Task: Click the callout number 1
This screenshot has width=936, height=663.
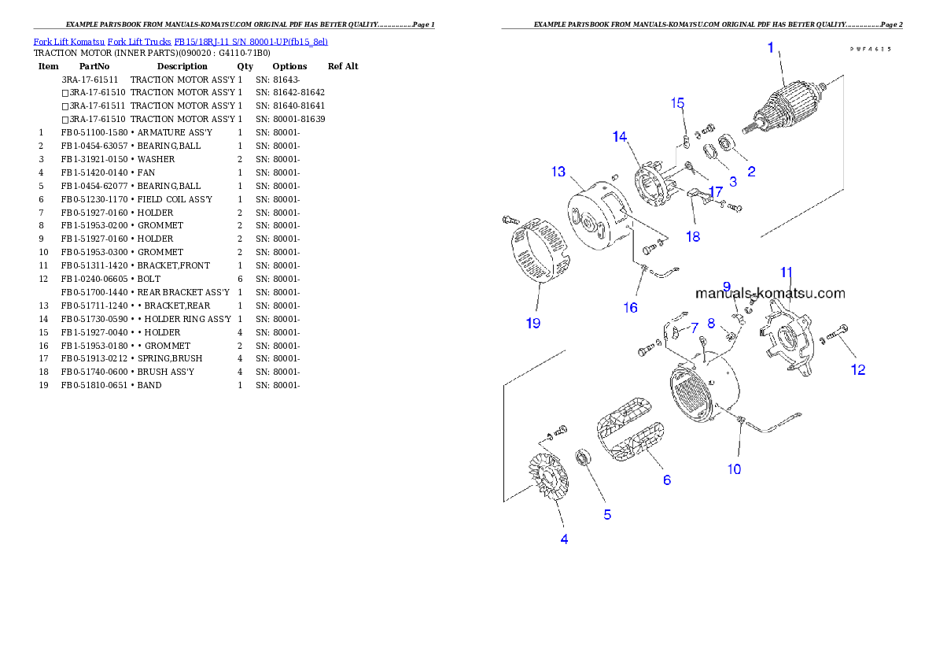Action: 771,49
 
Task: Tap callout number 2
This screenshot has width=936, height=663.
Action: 751,171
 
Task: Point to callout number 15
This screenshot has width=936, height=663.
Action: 677,103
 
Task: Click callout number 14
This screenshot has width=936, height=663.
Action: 620,137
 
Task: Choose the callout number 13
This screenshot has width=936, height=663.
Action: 558,171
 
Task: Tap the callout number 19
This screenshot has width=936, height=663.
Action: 533,323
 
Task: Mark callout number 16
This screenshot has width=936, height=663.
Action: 630,308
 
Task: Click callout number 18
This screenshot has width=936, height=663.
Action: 692,237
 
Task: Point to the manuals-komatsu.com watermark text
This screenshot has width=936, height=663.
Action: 770,294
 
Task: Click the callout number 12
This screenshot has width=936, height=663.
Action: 858,369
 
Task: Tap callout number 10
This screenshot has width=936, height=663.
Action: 733,469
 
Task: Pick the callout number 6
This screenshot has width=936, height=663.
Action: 666,479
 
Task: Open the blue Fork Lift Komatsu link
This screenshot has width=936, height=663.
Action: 180,41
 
